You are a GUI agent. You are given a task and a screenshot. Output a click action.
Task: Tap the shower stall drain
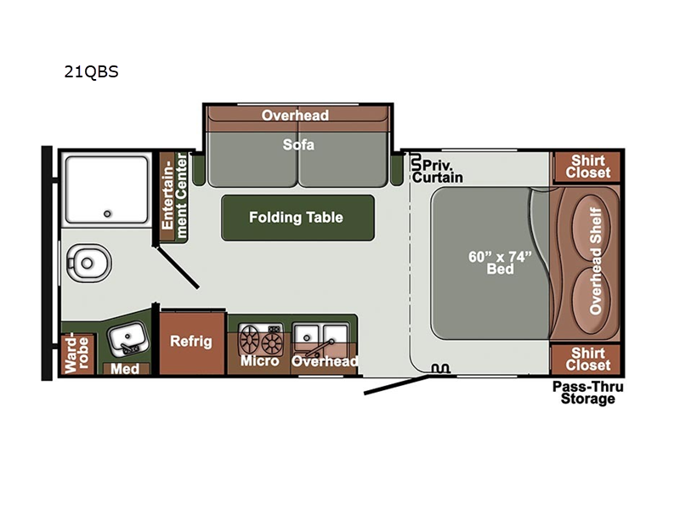point(108,213)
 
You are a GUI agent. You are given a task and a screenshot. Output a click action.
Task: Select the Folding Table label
point(296,218)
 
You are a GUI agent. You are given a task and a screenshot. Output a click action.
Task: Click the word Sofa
point(298,144)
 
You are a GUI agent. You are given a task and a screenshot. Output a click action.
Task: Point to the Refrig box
point(190,342)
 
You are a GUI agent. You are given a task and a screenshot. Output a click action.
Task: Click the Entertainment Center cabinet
point(174,194)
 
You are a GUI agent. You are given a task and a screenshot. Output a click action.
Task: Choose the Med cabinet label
point(126,369)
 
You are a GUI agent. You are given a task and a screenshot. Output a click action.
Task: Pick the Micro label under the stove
point(259,361)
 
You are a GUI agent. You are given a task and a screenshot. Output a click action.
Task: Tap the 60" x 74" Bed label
point(501,262)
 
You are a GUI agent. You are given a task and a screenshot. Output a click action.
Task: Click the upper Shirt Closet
point(589,167)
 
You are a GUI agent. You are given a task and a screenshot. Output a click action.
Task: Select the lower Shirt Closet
point(589,359)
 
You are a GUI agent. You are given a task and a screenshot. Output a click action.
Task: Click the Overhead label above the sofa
point(295,116)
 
